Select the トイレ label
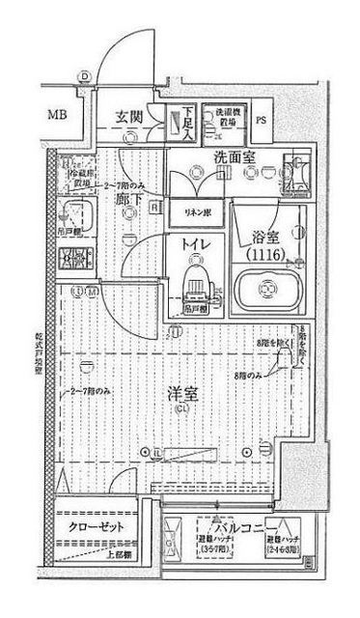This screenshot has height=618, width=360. pyautogui.click(x=197, y=245)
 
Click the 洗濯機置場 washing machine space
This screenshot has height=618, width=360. pyautogui.click(x=226, y=120)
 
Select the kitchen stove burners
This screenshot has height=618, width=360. pyautogui.click(x=72, y=257)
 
